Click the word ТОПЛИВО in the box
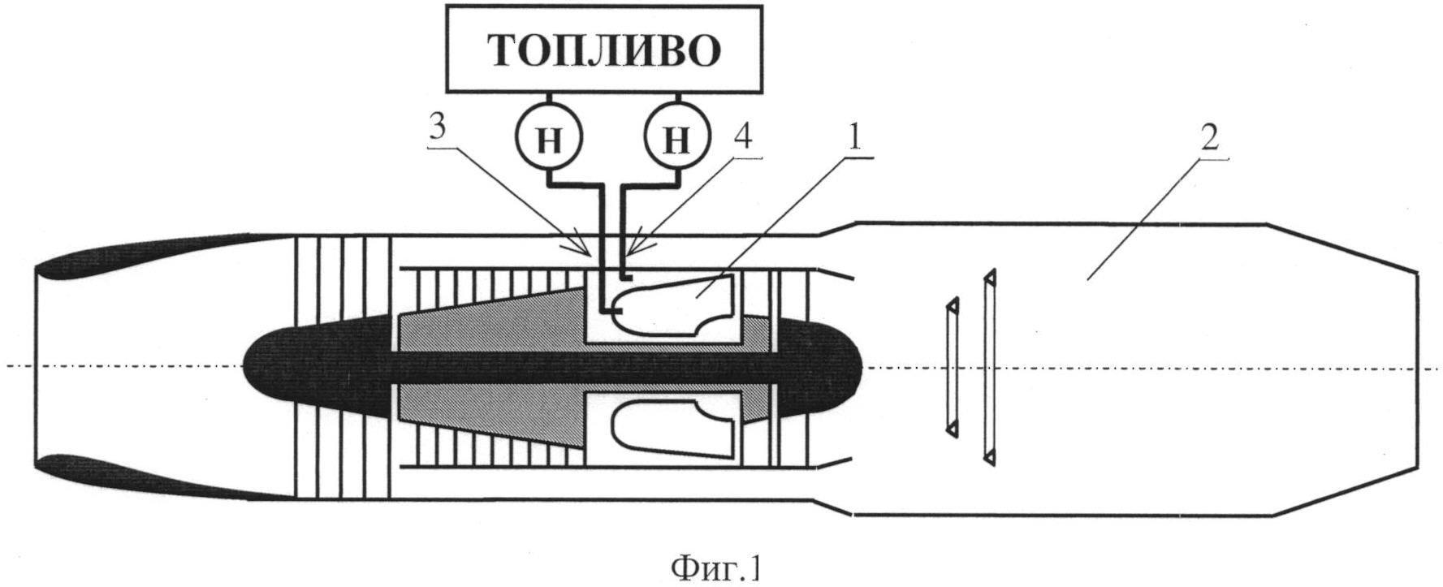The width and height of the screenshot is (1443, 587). tap(605, 50)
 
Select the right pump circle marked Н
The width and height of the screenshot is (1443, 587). tap(676, 139)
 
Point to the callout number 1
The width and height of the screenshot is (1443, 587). tap(855, 138)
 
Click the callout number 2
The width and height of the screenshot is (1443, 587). tap(1209, 138)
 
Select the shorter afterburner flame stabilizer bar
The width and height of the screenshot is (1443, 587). tap(951, 367)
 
